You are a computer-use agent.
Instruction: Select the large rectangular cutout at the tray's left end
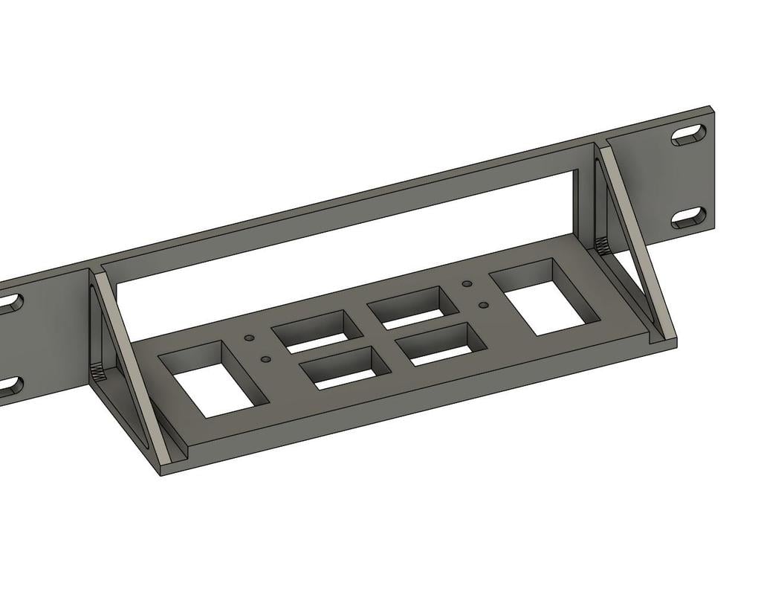point(213,378)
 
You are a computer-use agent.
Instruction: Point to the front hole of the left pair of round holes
point(265,360)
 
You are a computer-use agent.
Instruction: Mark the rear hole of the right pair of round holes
point(467,283)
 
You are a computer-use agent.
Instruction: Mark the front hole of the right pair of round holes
point(483,304)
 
